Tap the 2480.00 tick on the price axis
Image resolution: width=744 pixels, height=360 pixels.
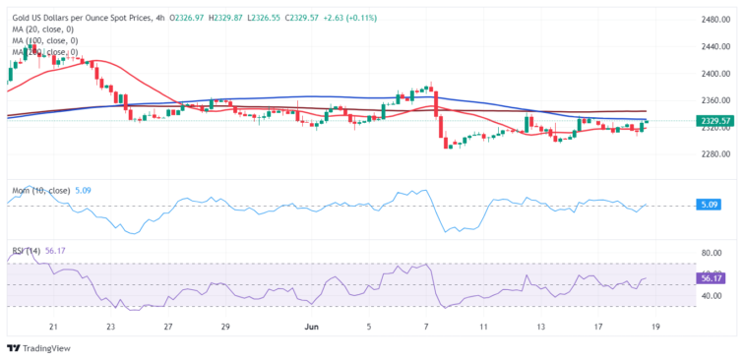pos(713,20)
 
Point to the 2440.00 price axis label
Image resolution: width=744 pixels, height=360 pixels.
pos(713,46)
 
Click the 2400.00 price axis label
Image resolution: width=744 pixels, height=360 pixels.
pos(713,74)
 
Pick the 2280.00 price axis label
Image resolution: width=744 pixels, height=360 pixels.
pos(713,154)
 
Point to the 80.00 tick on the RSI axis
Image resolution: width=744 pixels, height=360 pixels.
pos(711,253)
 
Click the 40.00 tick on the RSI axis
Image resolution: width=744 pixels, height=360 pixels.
pos(711,296)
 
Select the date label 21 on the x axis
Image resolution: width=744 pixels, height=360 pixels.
pos(53,325)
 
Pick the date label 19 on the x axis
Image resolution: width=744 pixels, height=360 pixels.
pos(655,325)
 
